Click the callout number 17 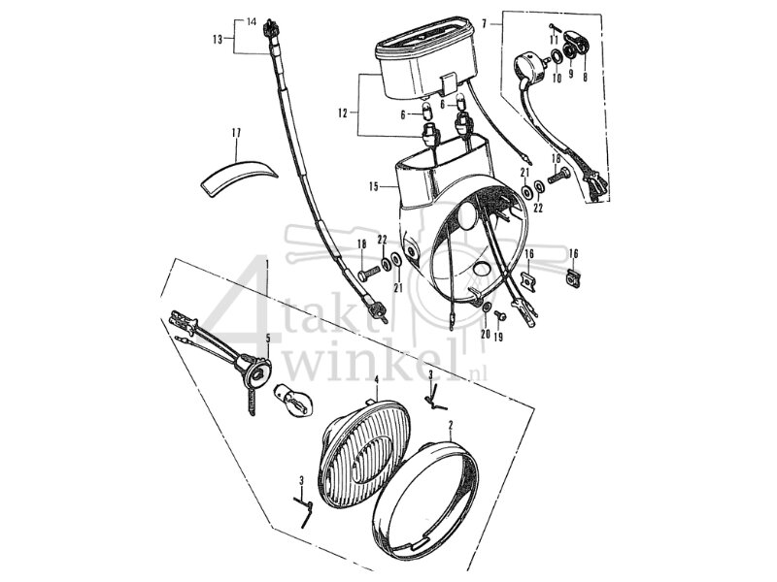(x=235, y=132)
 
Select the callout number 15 (x=375, y=184)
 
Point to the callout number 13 (x=218, y=39)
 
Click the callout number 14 (x=251, y=21)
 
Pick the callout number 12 (x=342, y=113)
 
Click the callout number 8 (x=584, y=74)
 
